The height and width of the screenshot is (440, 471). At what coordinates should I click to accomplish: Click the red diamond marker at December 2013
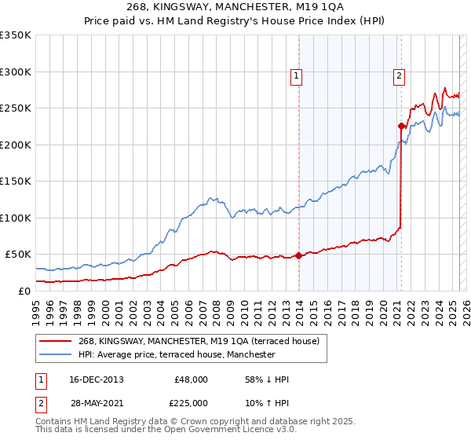[x=299, y=255]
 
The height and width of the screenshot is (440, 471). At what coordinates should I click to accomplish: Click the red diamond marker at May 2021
[x=401, y=126]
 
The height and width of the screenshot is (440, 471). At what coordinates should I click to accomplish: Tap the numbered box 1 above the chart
[x=296, y=76]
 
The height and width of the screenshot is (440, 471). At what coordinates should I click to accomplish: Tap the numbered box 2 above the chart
[x=399, y=76]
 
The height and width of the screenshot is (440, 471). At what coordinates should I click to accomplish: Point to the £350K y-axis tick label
[x=15, y=35]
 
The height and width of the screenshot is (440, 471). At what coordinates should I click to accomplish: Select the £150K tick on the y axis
[x=15, y=181]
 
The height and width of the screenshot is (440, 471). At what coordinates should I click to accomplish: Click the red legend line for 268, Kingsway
[x=57, y=342]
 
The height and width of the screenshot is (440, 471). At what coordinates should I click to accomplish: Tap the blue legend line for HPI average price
[x=57, y=354]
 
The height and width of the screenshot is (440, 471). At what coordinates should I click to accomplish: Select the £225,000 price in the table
[x=191, y=402]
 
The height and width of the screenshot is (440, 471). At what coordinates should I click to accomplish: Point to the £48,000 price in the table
[x=191, y=379]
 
